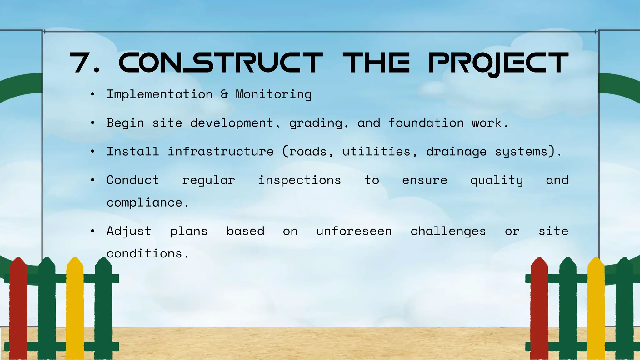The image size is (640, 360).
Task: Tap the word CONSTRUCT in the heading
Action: pyautogui.click(x=220, y=63)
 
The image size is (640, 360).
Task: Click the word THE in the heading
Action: pyautogui.click(x=376, y=63)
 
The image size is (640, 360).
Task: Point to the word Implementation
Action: pyautogui.click(x=160, y=94)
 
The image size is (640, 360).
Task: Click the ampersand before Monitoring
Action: pyautogui.click(x=224, y=94)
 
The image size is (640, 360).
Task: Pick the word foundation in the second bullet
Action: pyautogui.click(x=426, y=123)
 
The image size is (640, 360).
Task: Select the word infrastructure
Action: pyautogui.click(x=221, y=152)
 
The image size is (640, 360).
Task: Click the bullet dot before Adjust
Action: pyautogui.click(x=92, y=231)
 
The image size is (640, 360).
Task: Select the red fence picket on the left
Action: pyautogui.click(x=18, y=309)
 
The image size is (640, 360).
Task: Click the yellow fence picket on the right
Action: pyautogui.click(x=596, y=309)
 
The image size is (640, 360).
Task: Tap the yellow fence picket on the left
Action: pyautogui.click(x=75, y=309)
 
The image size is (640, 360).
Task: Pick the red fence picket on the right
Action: pyautogui.click(x=539, y=309)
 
